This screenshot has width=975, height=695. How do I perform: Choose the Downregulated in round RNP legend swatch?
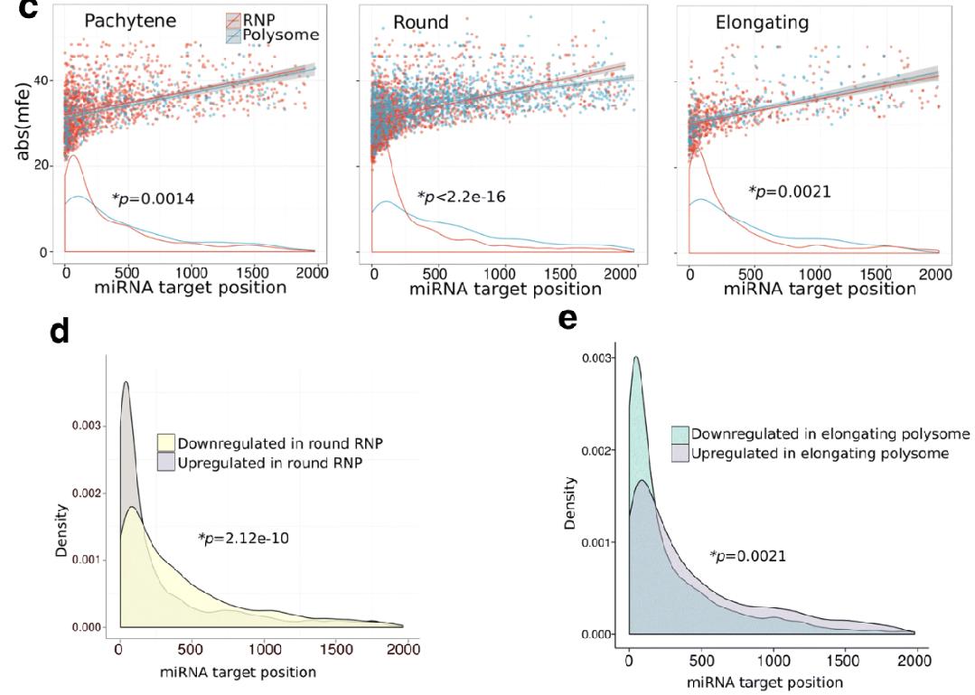tap(166, 444)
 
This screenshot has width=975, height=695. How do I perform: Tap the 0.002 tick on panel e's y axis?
tap(599, 450)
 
